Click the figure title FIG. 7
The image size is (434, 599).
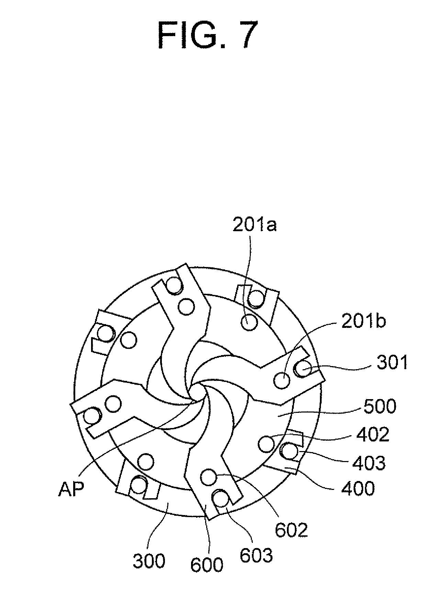(208, 36)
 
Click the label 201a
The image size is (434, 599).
(255, 226)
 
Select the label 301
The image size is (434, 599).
(392, 362)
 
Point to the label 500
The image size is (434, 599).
(380, 406)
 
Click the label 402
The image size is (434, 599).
(373, 435)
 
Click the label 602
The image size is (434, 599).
(291, 530)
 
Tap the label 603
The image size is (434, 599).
(256, 555)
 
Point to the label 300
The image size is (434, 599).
(149, 561)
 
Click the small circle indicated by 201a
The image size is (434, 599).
(249, 322)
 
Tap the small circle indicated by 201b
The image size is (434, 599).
(282, 381)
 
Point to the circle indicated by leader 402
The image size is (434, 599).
(266, 444)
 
